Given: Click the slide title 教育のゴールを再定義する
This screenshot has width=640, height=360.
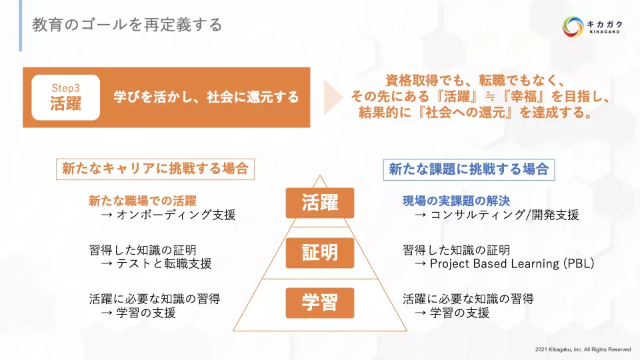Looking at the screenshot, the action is pyautogui.click(x=127, y=25).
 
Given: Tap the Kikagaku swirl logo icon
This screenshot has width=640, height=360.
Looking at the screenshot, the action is pyautogui.click(x=572, y=27).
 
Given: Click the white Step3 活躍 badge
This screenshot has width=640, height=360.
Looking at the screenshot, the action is pyautogui.click(x=66, y=97).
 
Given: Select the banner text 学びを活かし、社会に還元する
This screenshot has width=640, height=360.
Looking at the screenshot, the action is pyautogui.click(x=206, y=97).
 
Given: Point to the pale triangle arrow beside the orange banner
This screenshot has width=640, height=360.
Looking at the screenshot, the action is pyautogui.click(x=332, y=97).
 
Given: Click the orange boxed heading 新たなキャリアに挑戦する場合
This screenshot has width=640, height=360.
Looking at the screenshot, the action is pyautogui.click(x=155, y=169).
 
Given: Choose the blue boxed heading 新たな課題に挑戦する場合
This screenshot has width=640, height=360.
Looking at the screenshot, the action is pyautogui.click(x=469, y=169).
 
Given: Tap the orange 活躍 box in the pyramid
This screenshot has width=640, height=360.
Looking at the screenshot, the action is pyautogui.click(x=320, y=203).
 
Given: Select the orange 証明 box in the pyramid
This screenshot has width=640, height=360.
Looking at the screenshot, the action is pyautogui.click(x=320, y=253).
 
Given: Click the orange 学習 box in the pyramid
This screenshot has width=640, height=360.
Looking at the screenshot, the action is pyautogui.click(x=320, y=303).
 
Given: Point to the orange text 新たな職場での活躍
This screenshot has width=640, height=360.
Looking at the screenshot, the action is pyautogui.click(x=143, y=201).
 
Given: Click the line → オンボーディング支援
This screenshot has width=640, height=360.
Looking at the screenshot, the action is pyautogui.click(x=169, y=215).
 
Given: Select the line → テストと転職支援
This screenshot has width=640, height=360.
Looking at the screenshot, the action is pyautogui.click(x=156, y=264).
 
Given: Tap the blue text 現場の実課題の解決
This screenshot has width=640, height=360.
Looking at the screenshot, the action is pyautogui.click(x=456, y=201).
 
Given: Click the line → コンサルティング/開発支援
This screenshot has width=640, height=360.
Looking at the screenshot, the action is pyautogui.click(x=497, y=215).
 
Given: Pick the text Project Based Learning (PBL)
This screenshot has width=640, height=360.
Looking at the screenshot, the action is pyautogui.click(x=512, y=264).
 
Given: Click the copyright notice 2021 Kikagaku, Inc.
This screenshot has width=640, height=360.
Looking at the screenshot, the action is pyautogui.click(x=583, y=349).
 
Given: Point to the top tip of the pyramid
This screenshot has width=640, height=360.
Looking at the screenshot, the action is pyautogui.click(x=320, y=175).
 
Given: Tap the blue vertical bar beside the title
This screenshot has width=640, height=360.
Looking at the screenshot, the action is pyautogui.click(x=21, y=26).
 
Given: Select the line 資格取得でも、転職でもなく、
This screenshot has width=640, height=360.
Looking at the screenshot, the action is pyautogui.click(x=474, y=81).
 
